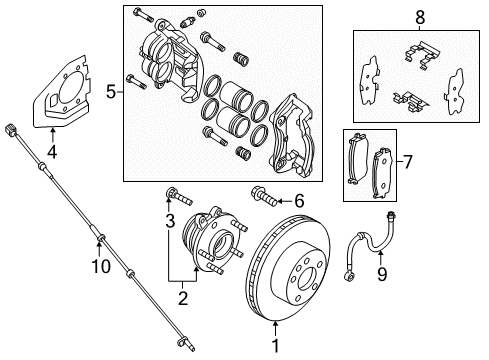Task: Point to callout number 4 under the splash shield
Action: click(52, 153)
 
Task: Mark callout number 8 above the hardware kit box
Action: click(420, 16)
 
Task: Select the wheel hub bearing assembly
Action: click(215, 250)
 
